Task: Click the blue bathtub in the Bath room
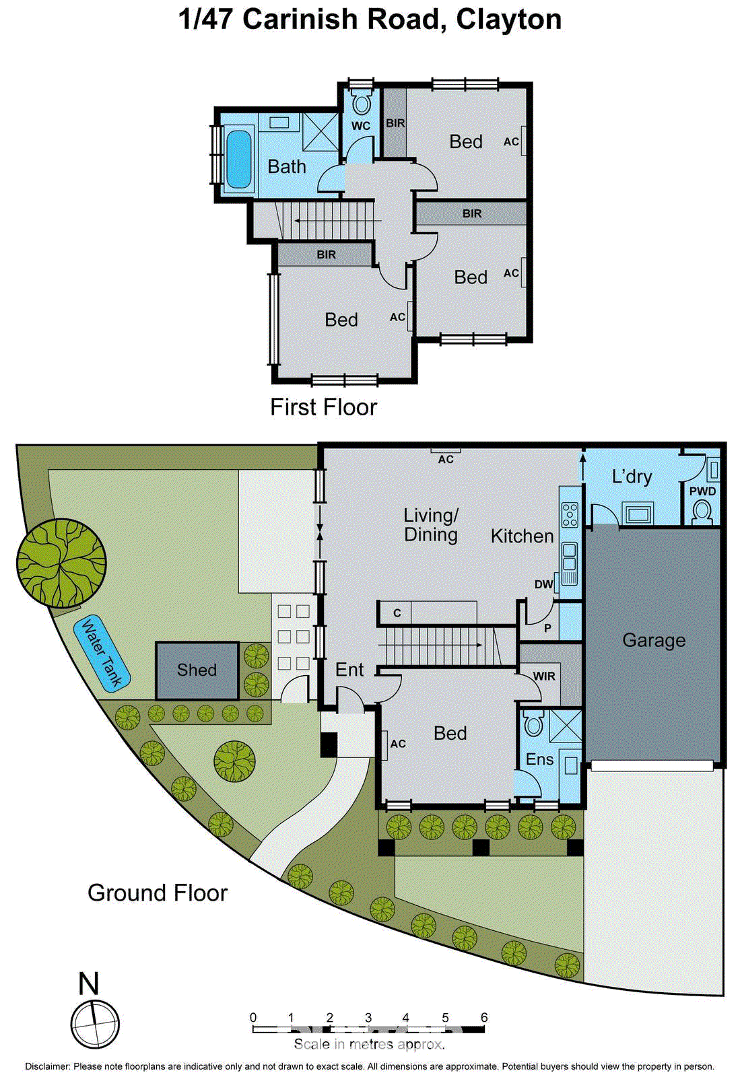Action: pyautogui.click(x=237, y=159)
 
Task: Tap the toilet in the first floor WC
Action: pyautogui.click(x=362, y=104)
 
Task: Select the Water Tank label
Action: pyautogui.click(x=101, y=653)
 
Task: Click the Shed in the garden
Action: pyautogui.click(x=197, y=670)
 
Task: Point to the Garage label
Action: pyautogui.click(x=653, y=640)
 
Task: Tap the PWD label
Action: pyautogui.click(x=702, y=491)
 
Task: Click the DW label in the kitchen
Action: pyautogui.click(x=543, y=584)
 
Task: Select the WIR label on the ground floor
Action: pyautogui.click(x=544, y=676)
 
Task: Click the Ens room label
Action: pyautogui.click(x=539, y=759)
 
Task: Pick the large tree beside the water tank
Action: pyautogui.click(x=61, y=563)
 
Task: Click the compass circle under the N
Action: pyautogui.click(x=95, y=1024)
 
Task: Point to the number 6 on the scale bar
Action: pyautogui.click(x=483, y=1017)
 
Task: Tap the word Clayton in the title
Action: pyautogui.click(x=508, y=20)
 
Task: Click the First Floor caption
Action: pyautogui.click(x=323, y=407)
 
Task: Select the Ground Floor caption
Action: pyautogui.click(x=158, y=893)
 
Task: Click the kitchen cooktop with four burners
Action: pyautogui.click(x=570, y=514)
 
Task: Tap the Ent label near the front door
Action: pyautogui.click(x=349, y=670)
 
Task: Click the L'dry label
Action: pyautogui.click(x=632, y=477)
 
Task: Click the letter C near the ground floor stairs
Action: pyautogui.click(x=397, y=613)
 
